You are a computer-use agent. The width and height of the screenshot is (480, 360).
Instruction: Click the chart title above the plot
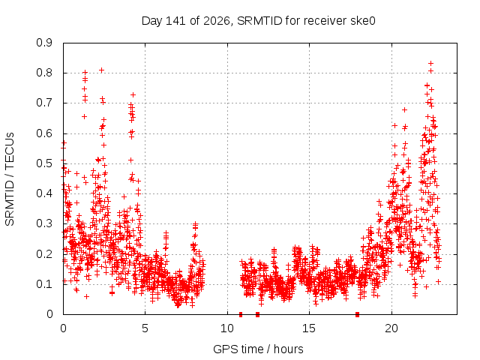[258, 21]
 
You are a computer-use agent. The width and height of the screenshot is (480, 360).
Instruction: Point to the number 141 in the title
[175, 21]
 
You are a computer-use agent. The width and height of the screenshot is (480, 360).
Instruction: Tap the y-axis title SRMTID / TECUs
[10, 179]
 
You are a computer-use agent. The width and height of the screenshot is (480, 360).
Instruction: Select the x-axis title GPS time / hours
[258, 349]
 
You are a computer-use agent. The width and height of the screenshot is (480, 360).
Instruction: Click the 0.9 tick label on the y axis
[44, 43]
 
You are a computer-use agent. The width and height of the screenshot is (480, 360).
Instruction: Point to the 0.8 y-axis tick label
[44, 73]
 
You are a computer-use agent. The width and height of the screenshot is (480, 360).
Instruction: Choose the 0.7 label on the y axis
[44, 103]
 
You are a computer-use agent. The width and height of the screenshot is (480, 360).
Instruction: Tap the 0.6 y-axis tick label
[44, 133]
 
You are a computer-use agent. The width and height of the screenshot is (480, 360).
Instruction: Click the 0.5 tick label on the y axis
[44, 163]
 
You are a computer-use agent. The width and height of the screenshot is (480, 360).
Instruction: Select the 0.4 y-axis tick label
[44, 193]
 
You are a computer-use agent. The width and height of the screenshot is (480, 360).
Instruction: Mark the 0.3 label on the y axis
[44, 223]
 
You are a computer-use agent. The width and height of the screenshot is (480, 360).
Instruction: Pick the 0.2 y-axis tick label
[44, 253]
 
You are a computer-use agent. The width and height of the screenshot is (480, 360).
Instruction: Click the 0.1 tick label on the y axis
[44, 283]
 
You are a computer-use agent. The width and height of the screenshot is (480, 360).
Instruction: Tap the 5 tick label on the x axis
[145, 328]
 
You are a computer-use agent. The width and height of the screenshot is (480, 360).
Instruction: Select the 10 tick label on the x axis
[227, 328]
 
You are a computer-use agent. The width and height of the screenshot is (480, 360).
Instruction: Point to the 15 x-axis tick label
[309, 328]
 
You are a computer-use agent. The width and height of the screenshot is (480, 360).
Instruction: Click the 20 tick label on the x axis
[391, 328]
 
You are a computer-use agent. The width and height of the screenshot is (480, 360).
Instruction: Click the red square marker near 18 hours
[357, 314]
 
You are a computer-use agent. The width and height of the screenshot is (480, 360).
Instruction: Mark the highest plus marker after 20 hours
[430, 63]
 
